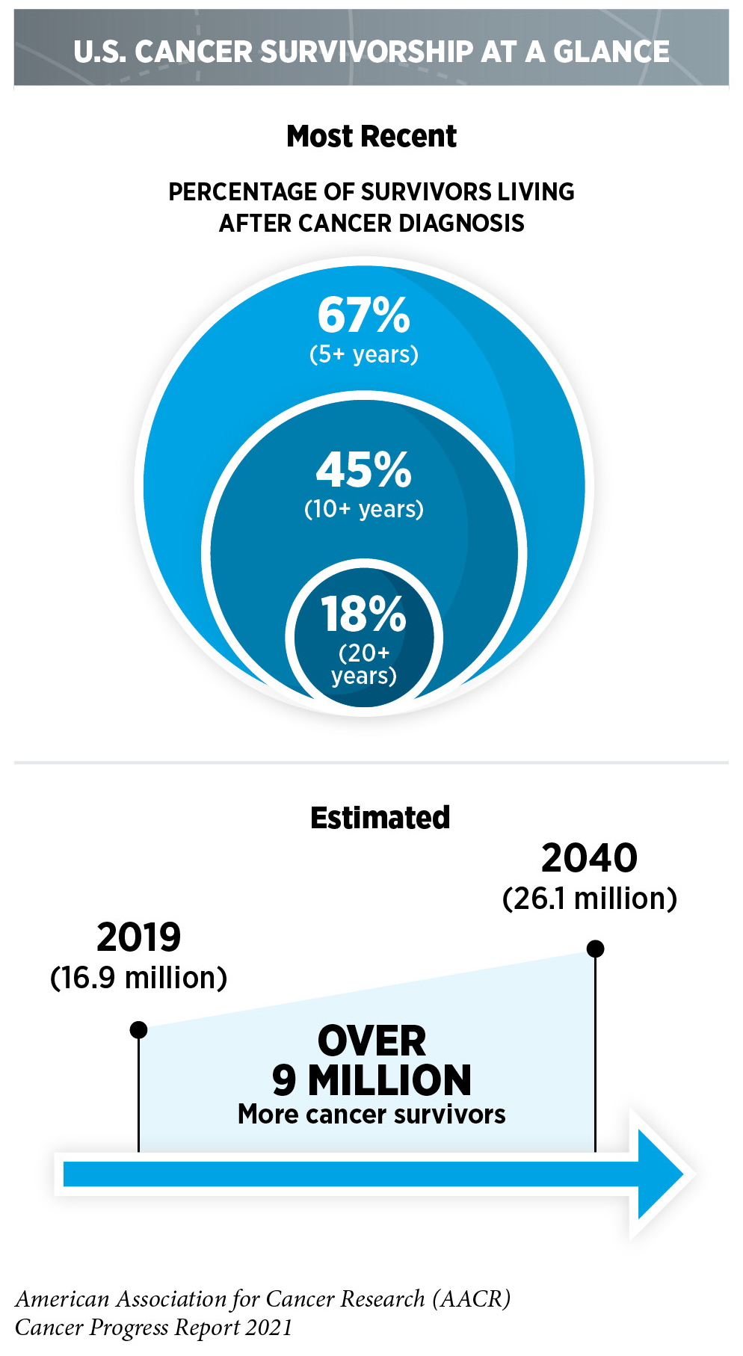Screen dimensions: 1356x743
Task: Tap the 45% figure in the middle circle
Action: [x=363, y=469]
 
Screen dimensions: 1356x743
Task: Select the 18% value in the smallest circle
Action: [x=363, y=614]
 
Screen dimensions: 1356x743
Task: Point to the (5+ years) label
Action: [x=363, y=354]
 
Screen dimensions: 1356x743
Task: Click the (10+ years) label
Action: [x=363, y=509]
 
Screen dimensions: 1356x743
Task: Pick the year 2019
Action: [x=138, y=937]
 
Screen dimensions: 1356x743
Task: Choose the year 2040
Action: [x=589, y=857]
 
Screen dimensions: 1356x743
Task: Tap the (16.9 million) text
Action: [x=138, y=978]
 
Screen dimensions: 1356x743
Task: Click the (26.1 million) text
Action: [x=589, y=898]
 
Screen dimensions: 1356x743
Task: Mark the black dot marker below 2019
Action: [x=138, y=1030]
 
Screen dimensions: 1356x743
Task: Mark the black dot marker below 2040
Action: [x=595, y=949]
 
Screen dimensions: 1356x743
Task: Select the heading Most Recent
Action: [x=371, y=137]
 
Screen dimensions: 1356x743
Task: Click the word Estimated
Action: [x=380, y=818]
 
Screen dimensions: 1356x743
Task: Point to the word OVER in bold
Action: [x=371, y=1041]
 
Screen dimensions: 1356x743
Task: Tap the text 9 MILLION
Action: [x=371, y=1080]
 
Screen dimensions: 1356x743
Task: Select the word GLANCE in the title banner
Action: [x=611, y=52]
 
